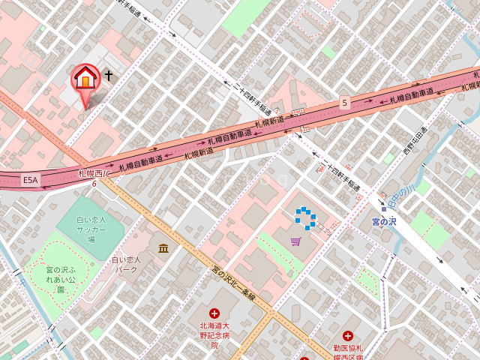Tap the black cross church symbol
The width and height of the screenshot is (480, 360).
[x=109, y=76]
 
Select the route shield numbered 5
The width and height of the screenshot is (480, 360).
[x=344, y=102]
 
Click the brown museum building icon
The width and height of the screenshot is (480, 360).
[x=163, y=247]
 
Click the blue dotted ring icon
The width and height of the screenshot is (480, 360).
[x=305, y=218]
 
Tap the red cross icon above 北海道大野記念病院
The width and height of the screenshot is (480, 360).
[x=214, y=313]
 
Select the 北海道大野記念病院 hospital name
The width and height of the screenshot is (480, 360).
[x=214, y=335]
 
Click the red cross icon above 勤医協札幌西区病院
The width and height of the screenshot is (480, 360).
[x=347, y=337]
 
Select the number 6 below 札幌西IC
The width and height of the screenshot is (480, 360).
[x=94, y=183]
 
